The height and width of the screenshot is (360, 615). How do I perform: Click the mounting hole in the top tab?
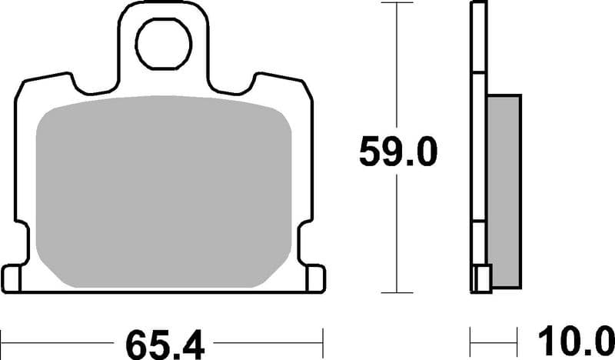click(164, 44)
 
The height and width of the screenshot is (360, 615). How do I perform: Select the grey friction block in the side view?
click(504, 185)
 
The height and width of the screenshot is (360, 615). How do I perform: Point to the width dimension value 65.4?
click(164, 340)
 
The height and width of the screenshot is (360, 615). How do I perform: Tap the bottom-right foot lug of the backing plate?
click(314, 278)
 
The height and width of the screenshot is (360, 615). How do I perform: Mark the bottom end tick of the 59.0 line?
click(396, 292)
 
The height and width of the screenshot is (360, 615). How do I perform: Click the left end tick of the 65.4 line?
click(3, 339)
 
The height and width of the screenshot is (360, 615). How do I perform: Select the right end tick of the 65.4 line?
click(324, 339)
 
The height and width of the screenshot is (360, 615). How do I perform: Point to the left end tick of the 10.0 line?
click(470, 339)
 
